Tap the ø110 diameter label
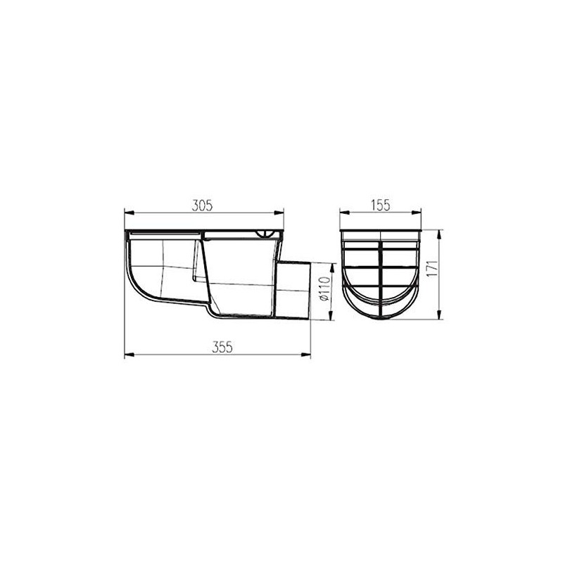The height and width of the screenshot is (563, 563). point(324,289)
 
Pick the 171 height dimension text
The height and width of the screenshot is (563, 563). point(434,271)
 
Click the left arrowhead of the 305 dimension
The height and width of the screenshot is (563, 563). point(127,211)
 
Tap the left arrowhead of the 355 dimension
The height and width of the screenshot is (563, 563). point(127,355)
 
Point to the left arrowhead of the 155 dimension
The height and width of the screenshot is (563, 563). point(343,211)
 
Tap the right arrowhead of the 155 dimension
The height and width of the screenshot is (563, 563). point(421,211)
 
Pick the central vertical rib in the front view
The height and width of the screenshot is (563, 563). point(381,278)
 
